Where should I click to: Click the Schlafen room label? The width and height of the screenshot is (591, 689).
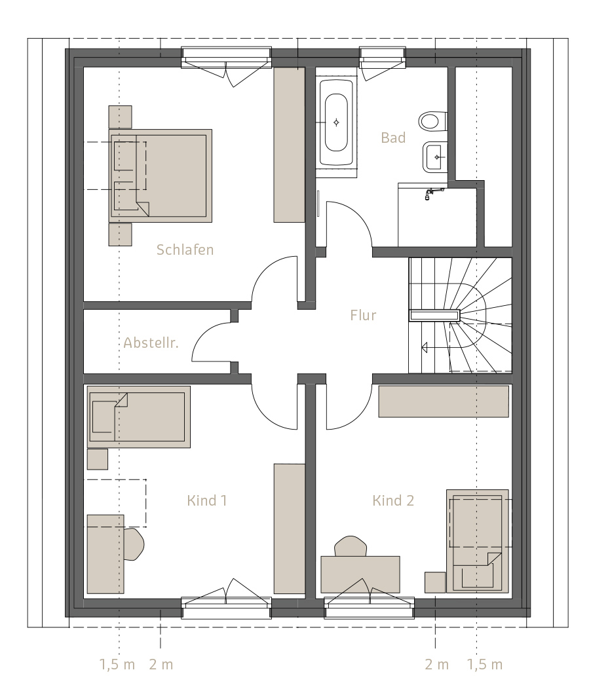pyautogui.click(x=185, y=250)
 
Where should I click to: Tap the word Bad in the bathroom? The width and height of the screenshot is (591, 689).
pyautogui.click(x=393, y=138)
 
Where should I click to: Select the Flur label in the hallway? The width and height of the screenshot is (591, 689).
pyautogui.click(x=363, y=315)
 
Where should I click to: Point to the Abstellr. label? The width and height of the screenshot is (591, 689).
pyautogui.click(x=151, y=343)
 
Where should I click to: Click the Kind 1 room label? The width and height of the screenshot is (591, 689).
pyautogui.click(x=206, y=500)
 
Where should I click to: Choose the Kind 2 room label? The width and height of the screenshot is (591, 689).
pyautogui.click(x=393, y=500)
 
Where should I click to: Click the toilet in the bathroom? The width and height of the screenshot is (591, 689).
pyautogui.click(x=432, y=121)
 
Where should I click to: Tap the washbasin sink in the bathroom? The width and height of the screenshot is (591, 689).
pyautogui.click(x=435, y=157)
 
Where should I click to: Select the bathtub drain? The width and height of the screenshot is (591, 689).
pyautogui.click(x=336, y=122)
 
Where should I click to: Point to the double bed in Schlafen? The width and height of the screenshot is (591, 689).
pyautogui.click(x=161, y=176)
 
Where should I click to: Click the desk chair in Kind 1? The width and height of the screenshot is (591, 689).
pyautogui.click(x=134, y=544)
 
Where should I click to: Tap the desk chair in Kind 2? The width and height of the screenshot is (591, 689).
pyautogui.click(x=351, y=546)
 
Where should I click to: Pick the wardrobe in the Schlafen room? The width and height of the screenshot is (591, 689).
pyautogui.click(x=290, y=145)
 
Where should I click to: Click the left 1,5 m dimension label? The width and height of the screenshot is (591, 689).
pyautogui.click(x=117, y=664)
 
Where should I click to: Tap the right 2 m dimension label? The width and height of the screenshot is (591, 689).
pyautogui.click(x=436, y=664)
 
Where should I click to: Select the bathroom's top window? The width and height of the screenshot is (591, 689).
pyautogui.click(x=382, y=58)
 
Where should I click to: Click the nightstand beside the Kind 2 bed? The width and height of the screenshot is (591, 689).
pyautogui.click(x=435, y=582)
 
